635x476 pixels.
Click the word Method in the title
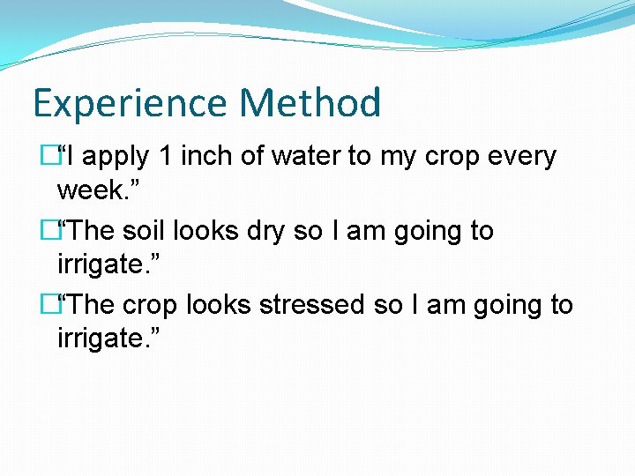click(x=310, y=103)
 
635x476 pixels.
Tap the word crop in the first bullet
click(x=448, y=157)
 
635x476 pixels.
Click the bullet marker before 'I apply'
click(x=49, y=157)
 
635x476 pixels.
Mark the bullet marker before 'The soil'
click(x=49, y=231)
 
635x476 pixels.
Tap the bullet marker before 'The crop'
click(x=49, y=305)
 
